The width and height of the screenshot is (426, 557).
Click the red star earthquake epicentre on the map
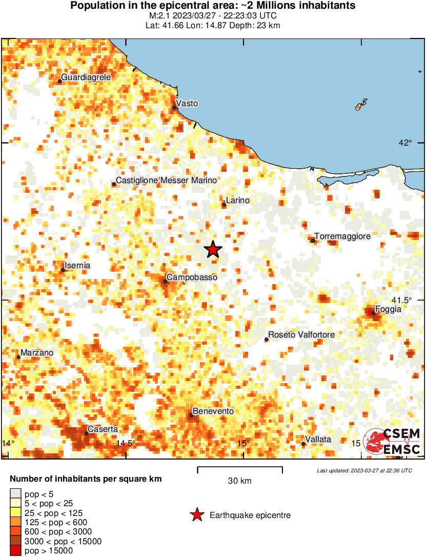click(x=213, y=250)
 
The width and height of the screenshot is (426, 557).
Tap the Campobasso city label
click(x=192, y=277)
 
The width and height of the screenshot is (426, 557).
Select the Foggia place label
click(x=388, y=309)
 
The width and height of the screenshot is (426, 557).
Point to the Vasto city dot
click(x=174, y=108)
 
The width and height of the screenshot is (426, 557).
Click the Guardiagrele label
click(x=86, y=77)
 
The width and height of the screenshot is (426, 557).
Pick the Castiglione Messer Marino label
click(x=166, y=180)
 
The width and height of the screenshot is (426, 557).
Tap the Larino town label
click(x=238, y=200)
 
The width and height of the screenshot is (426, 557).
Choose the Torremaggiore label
click(x=342, y=236)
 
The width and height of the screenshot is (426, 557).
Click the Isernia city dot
click(x=63, y=270)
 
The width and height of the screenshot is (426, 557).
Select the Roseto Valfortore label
click(x=301, y=335)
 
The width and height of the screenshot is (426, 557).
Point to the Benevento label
click(x=213, y=411)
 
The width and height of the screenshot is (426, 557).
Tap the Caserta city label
click(x=103, y=429)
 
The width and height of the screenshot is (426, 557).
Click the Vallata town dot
click(x=303, y=444)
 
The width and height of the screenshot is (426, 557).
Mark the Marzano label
click(x=37, y=353)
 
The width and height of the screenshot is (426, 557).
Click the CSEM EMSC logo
click(x=392, y=442)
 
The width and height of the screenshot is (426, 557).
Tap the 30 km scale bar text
click(x=239, y=481)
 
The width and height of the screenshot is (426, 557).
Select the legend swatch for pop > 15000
click(x=15, y=551)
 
